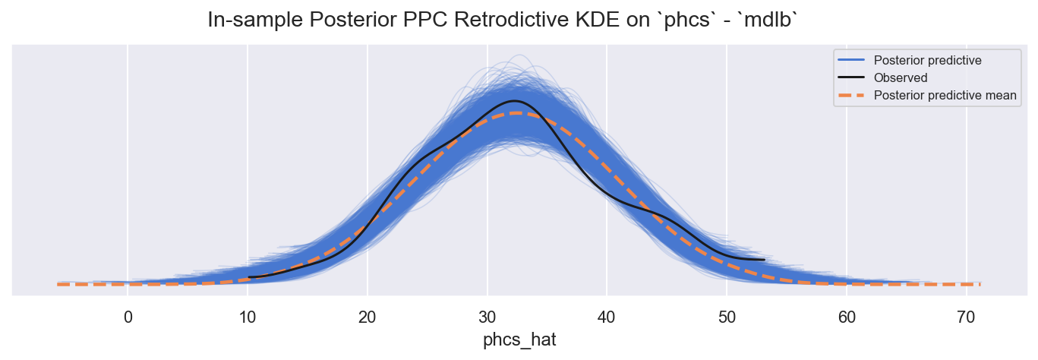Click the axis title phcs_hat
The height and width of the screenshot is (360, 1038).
pyautogui.click(x=519, y=339)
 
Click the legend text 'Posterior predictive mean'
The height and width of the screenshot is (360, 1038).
pyautogui.click(x=945, y=95)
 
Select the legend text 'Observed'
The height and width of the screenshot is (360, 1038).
pyautogui.click(x=901, y=77)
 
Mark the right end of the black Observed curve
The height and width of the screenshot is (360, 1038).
pyautogui.click(x=764, y=260)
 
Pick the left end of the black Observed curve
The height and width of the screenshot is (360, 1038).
pyautogui.click(x=249, y=277)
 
